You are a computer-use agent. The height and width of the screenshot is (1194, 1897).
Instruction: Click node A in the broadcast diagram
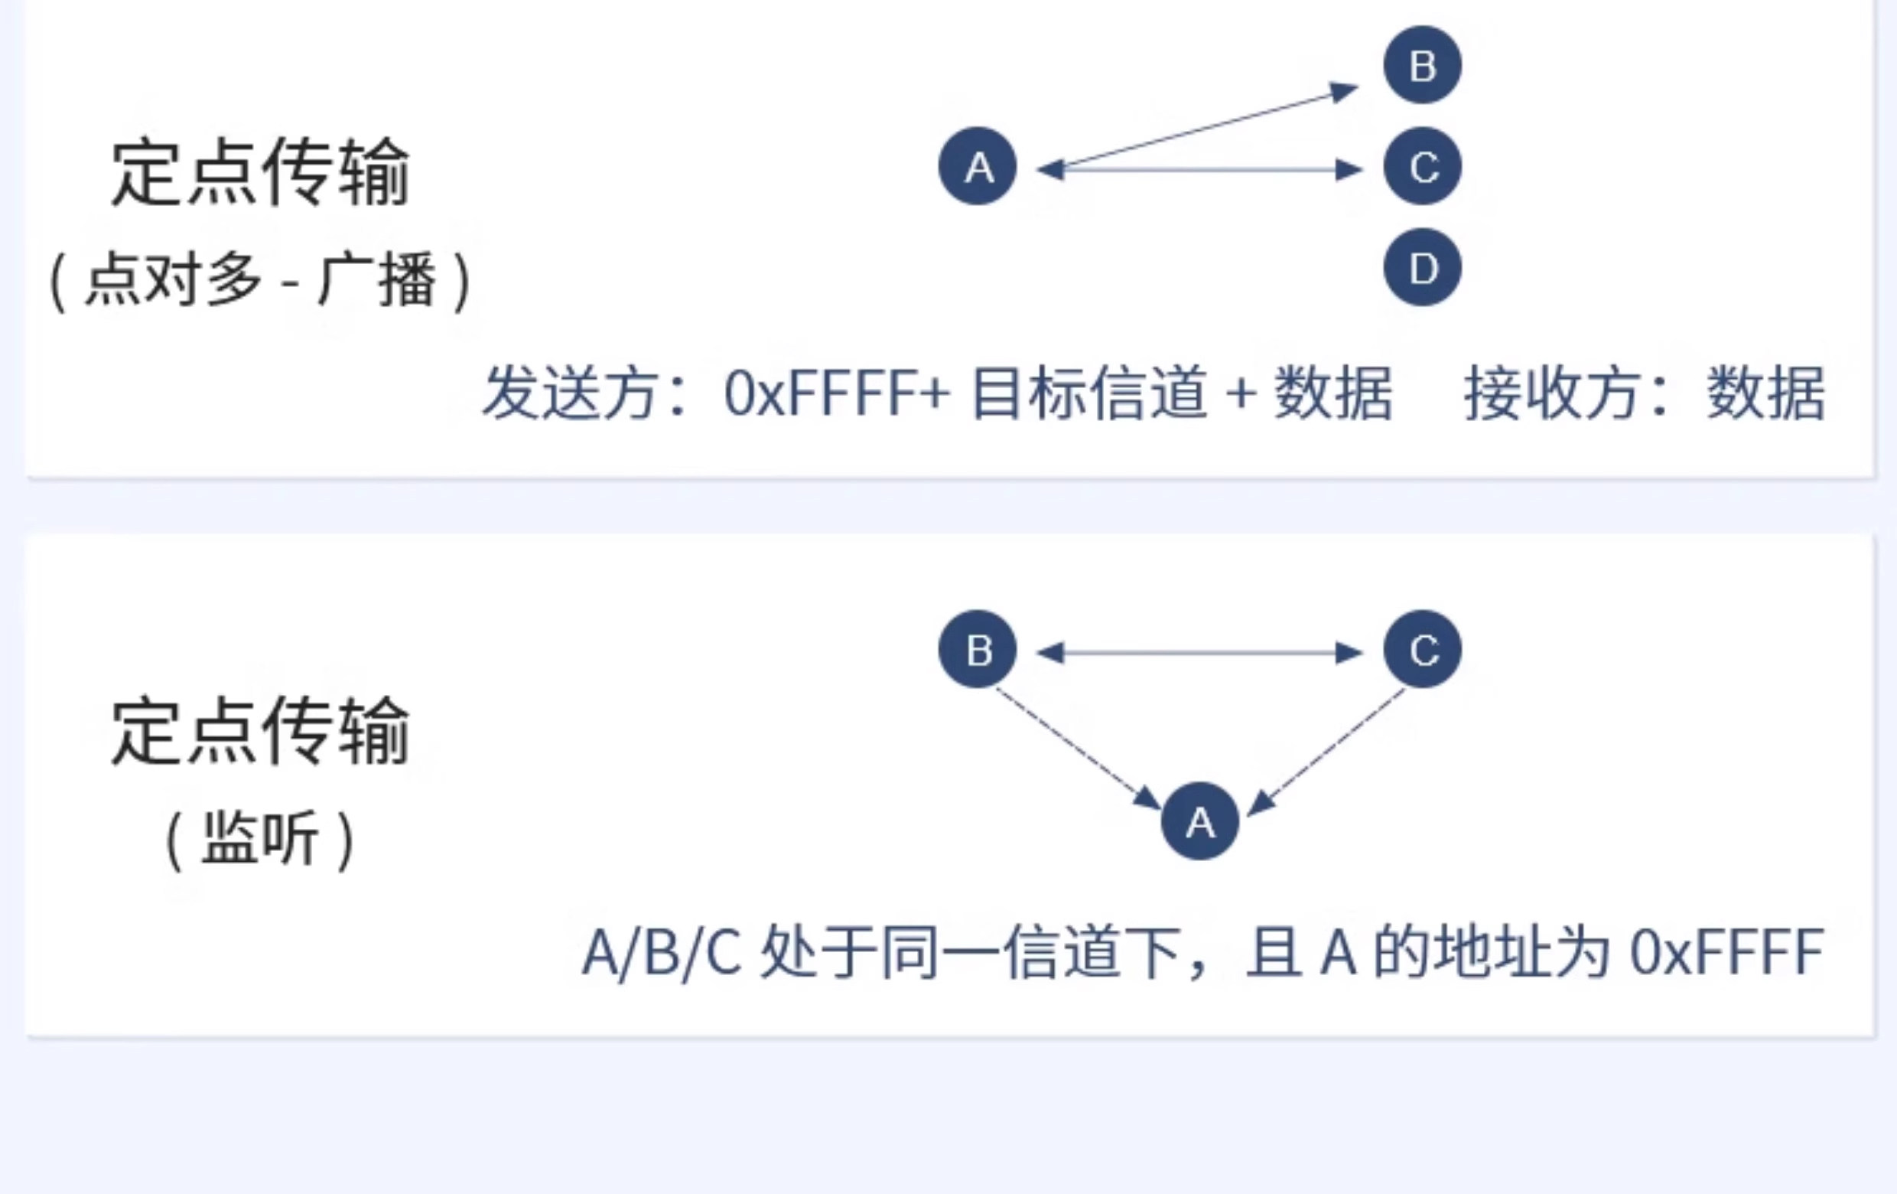978,166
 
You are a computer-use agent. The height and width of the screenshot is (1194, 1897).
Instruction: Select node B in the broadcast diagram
1423,64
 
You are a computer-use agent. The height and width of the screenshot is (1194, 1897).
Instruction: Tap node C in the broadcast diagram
1423,166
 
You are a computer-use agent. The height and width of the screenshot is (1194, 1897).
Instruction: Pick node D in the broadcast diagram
1423,267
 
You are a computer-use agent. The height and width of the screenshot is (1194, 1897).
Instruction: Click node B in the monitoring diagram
978,649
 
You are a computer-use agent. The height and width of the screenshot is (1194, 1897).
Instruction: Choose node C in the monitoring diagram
1423,649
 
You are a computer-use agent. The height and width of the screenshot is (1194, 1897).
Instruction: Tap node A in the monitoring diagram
1200,821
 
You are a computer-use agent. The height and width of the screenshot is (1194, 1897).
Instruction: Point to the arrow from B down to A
1079,749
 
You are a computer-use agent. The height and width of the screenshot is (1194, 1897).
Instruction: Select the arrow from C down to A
1326,751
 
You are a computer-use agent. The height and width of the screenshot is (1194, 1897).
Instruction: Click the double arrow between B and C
1200,653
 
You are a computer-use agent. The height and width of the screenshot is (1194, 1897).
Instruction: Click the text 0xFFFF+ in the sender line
838,393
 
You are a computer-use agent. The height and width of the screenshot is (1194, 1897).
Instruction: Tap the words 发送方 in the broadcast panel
571,393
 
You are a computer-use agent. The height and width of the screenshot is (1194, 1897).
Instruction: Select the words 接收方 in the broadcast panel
1552,393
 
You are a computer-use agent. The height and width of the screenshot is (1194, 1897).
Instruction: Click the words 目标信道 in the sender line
1088,393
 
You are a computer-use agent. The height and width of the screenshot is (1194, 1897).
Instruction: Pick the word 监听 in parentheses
261,838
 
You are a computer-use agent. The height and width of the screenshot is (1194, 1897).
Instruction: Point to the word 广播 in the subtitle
376,280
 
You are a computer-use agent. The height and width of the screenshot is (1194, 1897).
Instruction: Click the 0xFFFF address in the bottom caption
1727,953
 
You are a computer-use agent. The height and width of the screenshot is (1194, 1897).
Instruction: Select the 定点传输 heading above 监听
261,731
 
